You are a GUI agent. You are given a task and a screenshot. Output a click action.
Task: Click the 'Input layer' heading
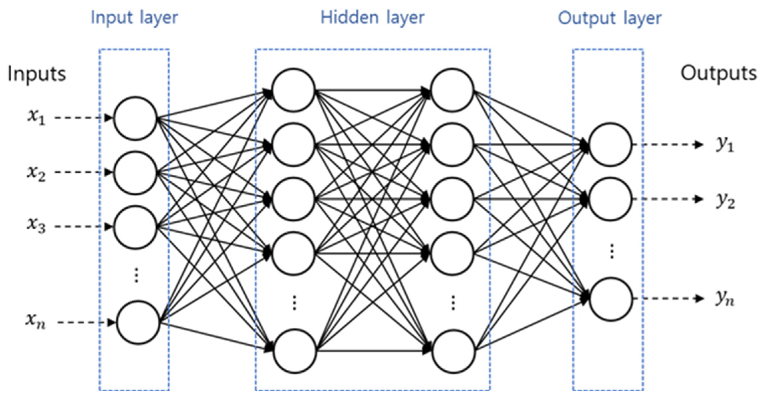click(134, 17)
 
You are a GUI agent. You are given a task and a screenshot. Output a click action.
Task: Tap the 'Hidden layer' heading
click(372, 17)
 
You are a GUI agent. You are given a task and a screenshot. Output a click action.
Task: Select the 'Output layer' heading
click(609, 18)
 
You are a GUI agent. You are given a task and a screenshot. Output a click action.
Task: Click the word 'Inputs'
click(37, 74)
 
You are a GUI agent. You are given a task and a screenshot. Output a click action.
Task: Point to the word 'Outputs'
click(718, 73)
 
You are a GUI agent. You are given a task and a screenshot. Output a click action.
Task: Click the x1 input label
click(36, 117)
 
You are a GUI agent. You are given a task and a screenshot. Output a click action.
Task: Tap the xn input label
click(35, 321)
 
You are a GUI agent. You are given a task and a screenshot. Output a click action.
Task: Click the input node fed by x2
click(135, 173)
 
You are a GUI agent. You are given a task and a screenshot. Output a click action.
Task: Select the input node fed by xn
click(138, 322)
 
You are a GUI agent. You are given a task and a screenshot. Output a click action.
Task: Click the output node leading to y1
click(610, 144)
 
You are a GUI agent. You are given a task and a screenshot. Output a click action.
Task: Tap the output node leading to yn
click(611, 299)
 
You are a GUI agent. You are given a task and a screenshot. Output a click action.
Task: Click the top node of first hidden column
click(293, 90)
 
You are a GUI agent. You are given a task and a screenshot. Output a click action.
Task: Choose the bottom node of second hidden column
click(453, 351)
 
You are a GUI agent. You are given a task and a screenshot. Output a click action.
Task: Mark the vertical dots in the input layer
click(136, 275)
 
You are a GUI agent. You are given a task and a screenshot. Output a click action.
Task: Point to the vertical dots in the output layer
click(612, 251)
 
